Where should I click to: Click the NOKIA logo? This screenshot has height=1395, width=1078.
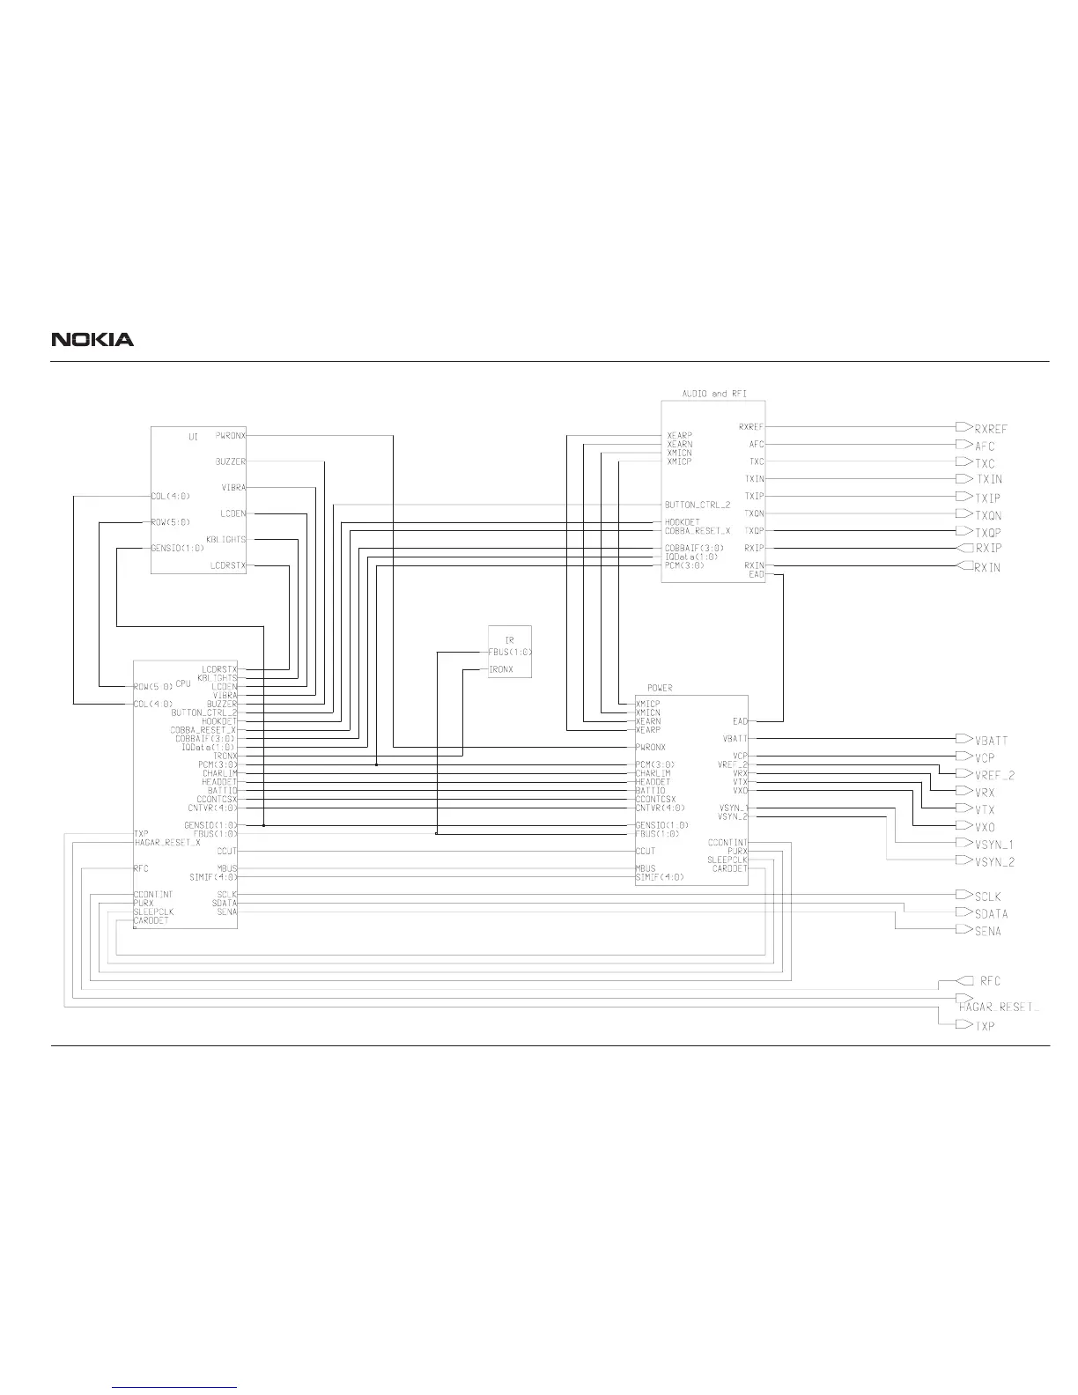point(92,339)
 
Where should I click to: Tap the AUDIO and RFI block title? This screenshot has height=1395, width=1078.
point(714,394)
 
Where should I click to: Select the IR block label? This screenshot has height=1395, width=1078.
point(509,639)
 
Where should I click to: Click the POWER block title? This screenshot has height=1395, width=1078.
point(660,688)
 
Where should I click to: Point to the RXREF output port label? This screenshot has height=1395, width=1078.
point(990,429)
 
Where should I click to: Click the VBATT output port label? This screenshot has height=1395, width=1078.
point(991,741)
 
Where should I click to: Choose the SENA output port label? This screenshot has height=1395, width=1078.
point(987,931)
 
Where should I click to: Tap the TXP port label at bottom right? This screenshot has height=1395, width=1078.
point(985,1026)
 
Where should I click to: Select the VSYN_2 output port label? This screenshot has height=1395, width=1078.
point(994,862)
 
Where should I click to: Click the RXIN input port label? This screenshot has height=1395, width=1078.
point(986,567)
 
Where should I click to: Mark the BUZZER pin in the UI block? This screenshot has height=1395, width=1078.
point(231,461)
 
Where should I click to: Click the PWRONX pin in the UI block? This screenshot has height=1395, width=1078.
point(231,435)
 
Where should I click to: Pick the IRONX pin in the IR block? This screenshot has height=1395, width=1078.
point(500,669)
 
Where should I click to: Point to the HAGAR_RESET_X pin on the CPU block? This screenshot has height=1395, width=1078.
point(167,842)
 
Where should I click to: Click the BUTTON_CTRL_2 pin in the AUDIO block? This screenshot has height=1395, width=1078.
point(697,506)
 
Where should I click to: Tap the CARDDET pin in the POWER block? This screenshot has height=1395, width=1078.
point(729,868)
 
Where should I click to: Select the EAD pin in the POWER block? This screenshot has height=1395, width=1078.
point(739,721)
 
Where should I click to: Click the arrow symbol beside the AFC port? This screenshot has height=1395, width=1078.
point(963,445)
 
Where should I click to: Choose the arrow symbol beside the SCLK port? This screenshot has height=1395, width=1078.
point(963,895)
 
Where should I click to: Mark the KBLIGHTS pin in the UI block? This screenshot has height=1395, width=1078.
point(226,539)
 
